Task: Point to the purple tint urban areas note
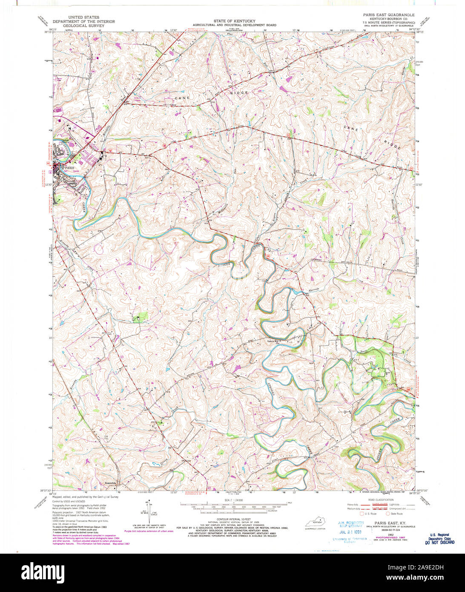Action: point(149,531)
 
